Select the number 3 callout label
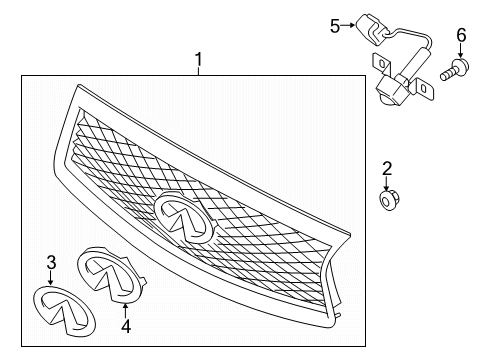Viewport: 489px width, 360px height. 51,263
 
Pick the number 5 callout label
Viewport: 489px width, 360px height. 336,27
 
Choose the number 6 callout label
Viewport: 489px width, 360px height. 461,36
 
